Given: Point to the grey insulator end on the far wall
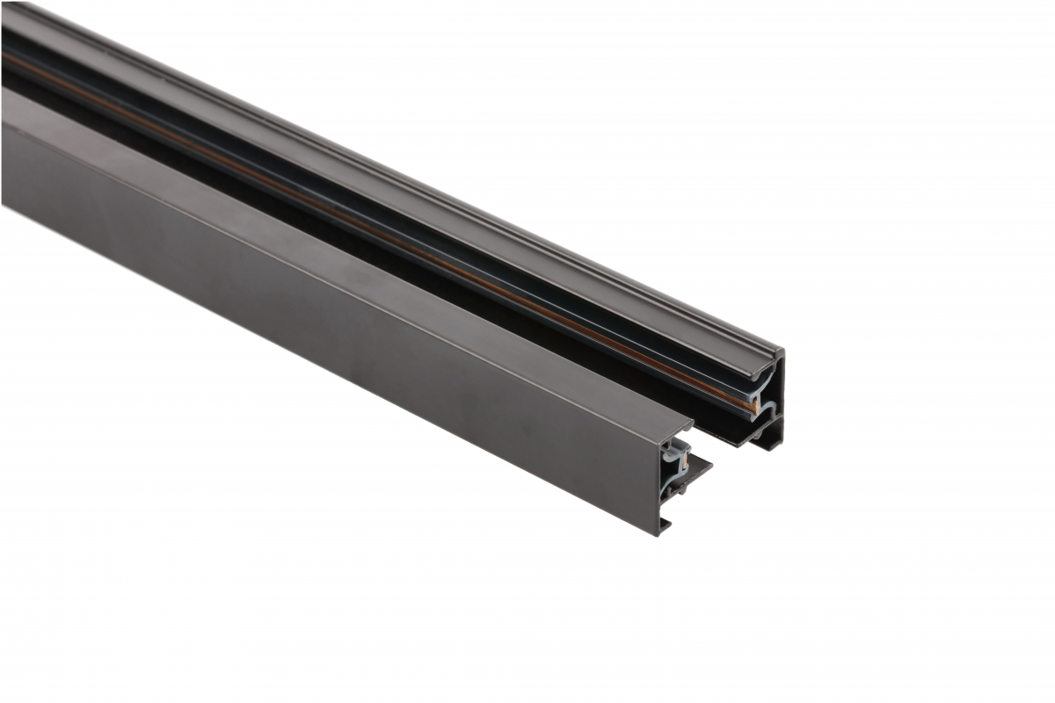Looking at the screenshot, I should (758, 400).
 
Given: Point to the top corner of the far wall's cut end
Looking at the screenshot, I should (780, 351).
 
